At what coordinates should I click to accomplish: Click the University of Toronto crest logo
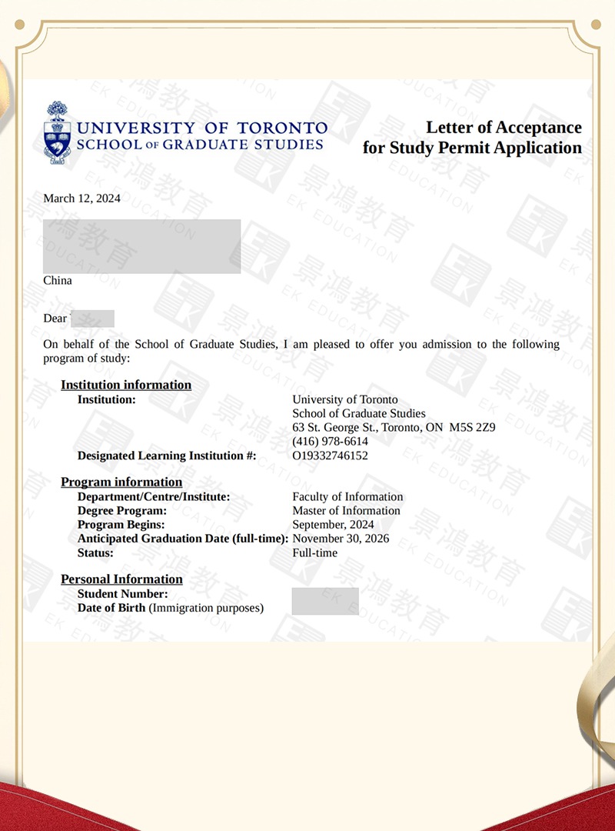(56, 132)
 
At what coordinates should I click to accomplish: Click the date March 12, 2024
(81, 199)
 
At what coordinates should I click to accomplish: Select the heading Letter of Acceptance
(504, 128)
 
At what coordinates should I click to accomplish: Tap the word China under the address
(58, 281)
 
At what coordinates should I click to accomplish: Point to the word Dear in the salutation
(55, 318)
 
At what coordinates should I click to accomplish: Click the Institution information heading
(126, 385)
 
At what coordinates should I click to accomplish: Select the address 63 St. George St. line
(394, 428)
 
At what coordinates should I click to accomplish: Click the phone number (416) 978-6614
(330, 442)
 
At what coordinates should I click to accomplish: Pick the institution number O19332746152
(330, 456)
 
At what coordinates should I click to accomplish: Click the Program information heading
(121, 482)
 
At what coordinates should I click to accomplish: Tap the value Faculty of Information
(347, 497)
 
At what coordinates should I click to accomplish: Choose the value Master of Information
(346, 511)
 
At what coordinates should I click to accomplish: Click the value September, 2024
(333, 525)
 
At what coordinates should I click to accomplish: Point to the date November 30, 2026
(341, 539)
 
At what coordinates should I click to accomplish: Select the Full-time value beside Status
(314, 552)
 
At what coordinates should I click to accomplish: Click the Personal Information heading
(121, 579)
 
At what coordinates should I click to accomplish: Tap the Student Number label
(122, 594)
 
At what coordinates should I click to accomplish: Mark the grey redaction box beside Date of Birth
(325, 601)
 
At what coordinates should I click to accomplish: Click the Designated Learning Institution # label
(166, 456)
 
